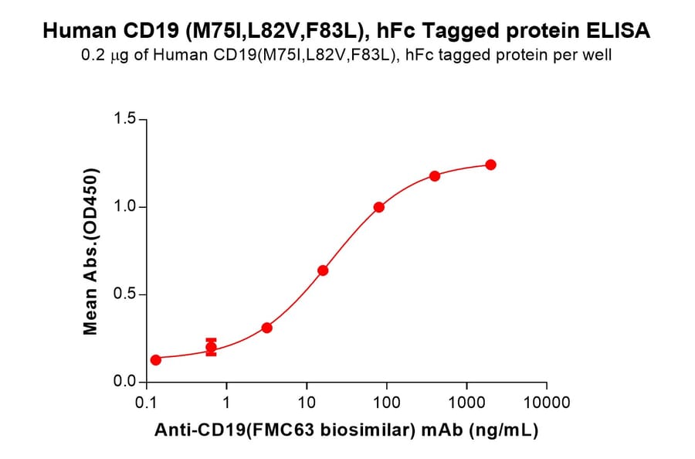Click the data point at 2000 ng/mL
click(490, 165)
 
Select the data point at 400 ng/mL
click(435, 176)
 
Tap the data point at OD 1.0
click(379, 207)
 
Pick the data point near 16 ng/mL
click(323, 270)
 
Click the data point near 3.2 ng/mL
click(266, 328)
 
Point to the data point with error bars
click(211, 347)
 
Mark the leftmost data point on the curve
click(155, 360)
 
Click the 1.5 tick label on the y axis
click(125, 119)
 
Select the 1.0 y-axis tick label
click(125, 207)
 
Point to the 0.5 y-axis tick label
click(125, 294)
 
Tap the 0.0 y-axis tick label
click(125, 382)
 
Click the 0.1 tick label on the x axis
click(146, 403)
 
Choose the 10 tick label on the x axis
click(307, 403)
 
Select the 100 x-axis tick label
click(386, 403)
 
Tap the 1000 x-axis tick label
click(466, 403)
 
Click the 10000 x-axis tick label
click(547, 403)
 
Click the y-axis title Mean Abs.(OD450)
click(91, 251)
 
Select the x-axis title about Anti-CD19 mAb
click(347, 431)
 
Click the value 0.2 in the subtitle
click(91, 56)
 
